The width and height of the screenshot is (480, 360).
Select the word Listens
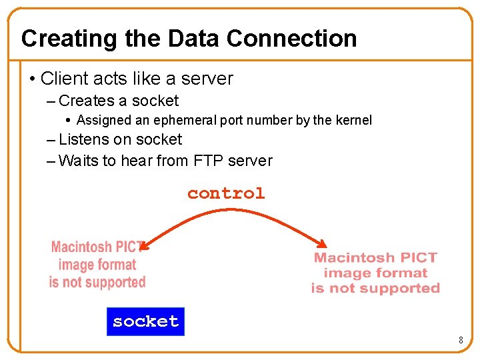pos(85,140)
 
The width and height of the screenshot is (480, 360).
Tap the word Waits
pos(79,161)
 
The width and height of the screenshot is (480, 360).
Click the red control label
pos(226,193)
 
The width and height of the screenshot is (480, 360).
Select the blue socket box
pos(145,321)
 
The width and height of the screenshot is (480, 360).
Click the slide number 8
pos(461,341)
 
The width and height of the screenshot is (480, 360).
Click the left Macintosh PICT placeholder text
pos(97,265)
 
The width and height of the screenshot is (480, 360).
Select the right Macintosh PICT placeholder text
pos(375,273)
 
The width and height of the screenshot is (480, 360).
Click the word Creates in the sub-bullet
pos(87,101)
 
